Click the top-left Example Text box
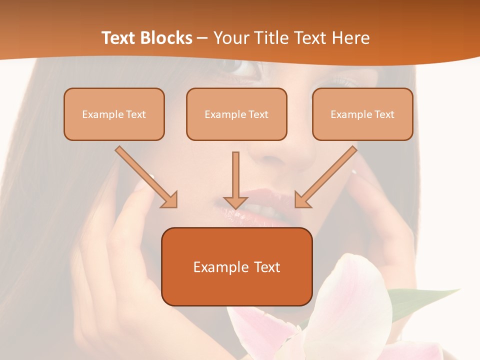pyautogui.click(x=114, y=114)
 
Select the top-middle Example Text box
pyautogui.click(x=236, y=114)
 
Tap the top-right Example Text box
pyautogui.click(x=362, y=114)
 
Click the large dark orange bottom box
pyautogui.click(x=236, y=266)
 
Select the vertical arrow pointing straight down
pyautogui.click(x=235, y=180)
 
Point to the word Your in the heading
pyautogui.click(x=230, y=38)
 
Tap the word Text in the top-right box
pyautogui.click(x=384, y=114)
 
